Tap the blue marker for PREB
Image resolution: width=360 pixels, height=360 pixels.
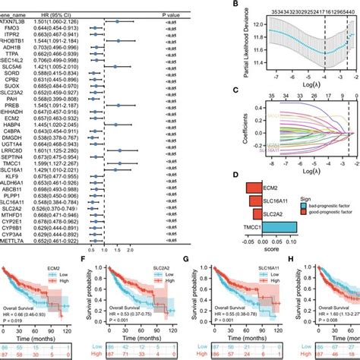tap(118, 104)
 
